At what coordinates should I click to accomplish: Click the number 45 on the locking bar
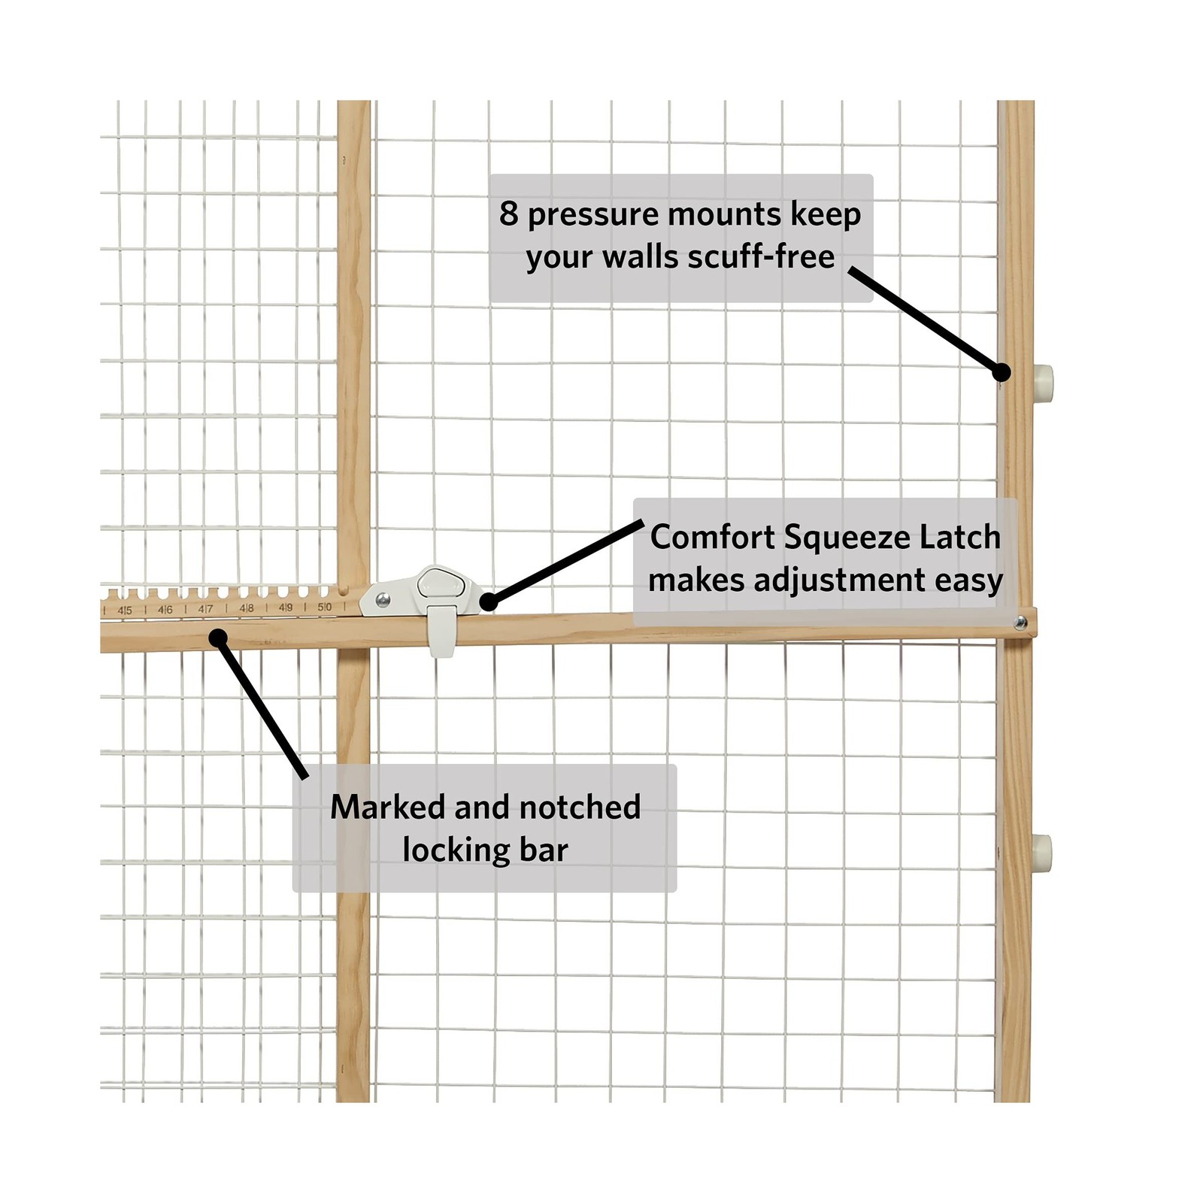125,611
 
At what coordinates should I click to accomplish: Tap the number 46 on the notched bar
165,610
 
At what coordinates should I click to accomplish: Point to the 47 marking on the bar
205,609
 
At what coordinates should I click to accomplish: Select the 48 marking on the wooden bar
246,608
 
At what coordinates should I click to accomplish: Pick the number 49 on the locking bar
286,608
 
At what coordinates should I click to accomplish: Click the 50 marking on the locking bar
325,607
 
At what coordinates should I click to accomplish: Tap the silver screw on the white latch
383,599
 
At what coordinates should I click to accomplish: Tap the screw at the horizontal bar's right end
1020,623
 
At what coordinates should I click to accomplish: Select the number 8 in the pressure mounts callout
509,214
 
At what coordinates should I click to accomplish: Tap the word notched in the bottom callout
580,808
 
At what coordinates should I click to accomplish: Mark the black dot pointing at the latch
489,601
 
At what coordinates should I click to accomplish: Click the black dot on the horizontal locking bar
218,638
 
